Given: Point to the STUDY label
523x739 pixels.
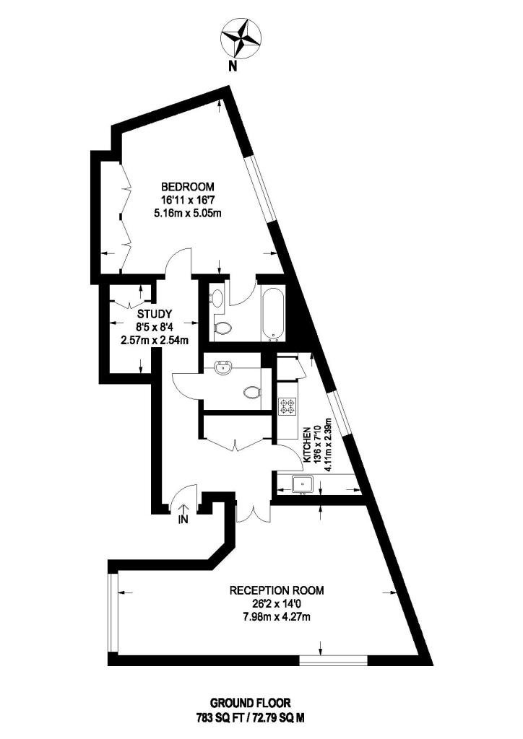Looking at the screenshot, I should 154,314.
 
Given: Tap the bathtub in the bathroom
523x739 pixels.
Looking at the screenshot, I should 274,314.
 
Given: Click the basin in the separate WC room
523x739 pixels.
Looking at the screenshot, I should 222,369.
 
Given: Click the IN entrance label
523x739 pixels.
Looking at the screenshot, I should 183,518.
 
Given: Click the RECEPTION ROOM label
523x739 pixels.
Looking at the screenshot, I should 277,590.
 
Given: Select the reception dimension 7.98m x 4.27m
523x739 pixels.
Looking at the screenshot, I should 277,616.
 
